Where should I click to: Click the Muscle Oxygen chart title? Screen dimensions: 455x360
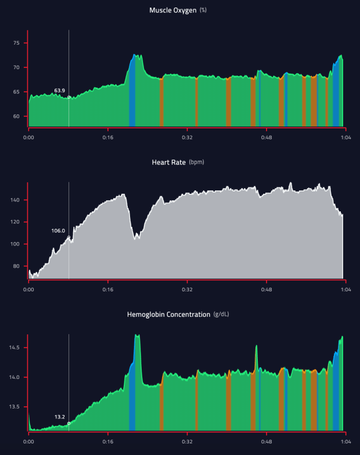pyautogui.click(x=172, y=10)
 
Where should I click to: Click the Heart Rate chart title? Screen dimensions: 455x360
pyautogui.click(x=169, y=162)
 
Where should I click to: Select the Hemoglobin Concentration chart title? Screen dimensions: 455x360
pyautogui.click(x=169, y=315)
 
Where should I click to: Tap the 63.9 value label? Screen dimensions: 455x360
pyautogui.click(x=59, y=91)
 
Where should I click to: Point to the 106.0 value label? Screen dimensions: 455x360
pyautogui.click(x=58, y=230)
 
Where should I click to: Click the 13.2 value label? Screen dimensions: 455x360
pyautogui.click(x=60, y=417)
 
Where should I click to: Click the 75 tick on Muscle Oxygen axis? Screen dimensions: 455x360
pyautogui.click(x=16, y=44)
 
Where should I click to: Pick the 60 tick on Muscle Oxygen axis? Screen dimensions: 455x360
pyautogui.click(x=16, y=116)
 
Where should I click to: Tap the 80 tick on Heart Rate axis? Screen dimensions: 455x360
pyautogui.click(x=16, y=266)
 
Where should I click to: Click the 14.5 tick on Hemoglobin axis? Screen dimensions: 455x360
pyautogui.click(x=15, y=348)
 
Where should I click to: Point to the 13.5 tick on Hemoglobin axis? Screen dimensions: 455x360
pyautogui.click(x=15, y=407)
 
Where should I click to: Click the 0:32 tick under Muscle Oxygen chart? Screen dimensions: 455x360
pyautogui.click(x=187, y=138)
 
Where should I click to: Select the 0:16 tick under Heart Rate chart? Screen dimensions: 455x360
pyautogui.click(x=108, y=289)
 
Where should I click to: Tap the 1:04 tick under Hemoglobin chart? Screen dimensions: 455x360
pyautogui.click(x=345, y=441)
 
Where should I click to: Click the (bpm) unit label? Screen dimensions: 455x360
pyautogui.click(x=196, y=162)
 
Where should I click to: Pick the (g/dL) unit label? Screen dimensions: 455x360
pyautogui.click(x=222, y=315)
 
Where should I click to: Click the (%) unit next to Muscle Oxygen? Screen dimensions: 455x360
pyautogui.click(x=203, y=10)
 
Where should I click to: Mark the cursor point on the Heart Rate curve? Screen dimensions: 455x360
pyautogui.click(x=69, y=237)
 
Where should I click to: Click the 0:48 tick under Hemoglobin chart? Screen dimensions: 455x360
pyautogui.click(x=266, y=441)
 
